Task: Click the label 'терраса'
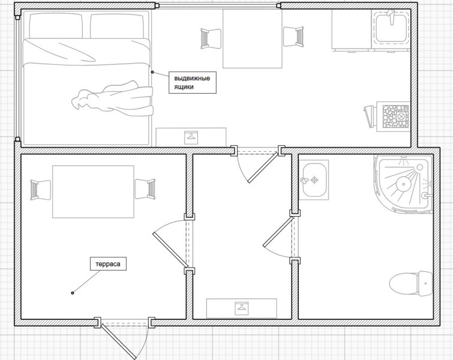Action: point(109,264)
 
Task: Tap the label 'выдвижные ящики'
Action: point(191,82)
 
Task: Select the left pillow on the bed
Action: point(55,25)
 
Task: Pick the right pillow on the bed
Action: point(118,25)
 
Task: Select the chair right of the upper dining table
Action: point(293,37)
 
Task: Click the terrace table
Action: point(92,191)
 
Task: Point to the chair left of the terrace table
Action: point(41,190)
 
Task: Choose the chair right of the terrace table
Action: point(145,190)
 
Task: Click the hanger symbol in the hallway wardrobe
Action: point(241,308)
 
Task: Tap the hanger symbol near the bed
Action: point(191,136)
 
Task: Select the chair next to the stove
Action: point(369,116)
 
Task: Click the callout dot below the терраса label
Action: point(73,293)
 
